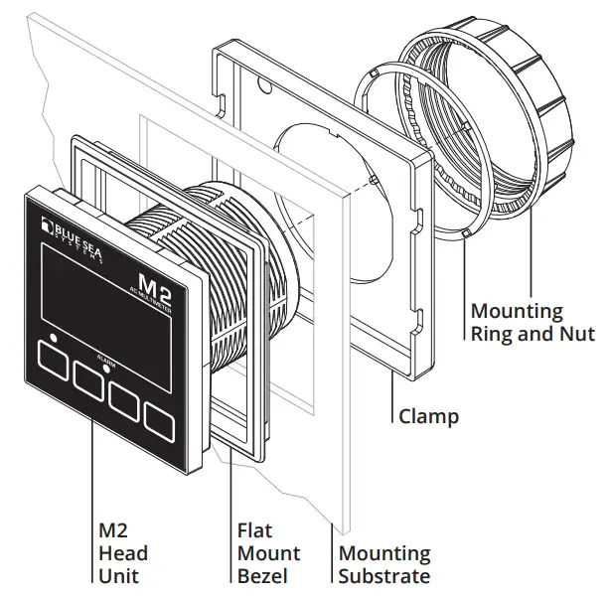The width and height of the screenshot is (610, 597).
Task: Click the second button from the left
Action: [95, 375]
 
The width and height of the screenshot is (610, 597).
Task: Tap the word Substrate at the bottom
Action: [384, 576]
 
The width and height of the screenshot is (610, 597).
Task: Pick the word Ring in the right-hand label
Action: [494, 334]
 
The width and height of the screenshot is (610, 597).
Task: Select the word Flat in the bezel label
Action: [254, 531]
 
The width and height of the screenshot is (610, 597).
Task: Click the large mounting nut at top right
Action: [527, 119]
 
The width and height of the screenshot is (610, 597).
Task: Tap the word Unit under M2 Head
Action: [118, 576]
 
